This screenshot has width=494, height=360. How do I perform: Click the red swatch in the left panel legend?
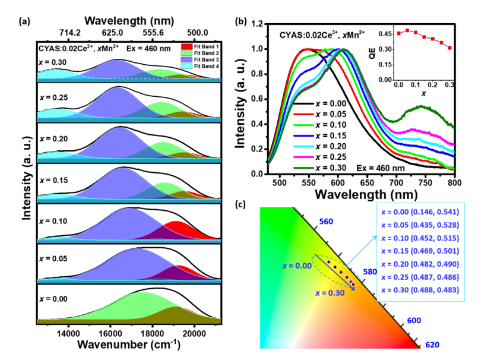186,46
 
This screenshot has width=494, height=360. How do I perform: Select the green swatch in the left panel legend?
186,53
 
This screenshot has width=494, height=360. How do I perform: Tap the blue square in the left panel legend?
186,59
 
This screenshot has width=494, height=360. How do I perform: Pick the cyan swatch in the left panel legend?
186,66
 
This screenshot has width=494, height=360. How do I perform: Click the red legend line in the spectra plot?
303,113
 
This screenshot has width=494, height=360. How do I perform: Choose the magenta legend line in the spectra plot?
303,157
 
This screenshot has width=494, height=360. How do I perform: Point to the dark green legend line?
303,168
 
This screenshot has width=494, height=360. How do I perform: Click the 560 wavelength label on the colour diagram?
326,222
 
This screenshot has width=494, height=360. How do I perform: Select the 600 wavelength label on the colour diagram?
414,321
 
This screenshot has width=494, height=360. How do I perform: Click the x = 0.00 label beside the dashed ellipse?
297,266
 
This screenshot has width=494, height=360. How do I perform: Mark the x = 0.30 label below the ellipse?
330,293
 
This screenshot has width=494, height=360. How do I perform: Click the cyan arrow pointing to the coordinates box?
362,250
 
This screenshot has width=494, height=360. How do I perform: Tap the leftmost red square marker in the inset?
399,34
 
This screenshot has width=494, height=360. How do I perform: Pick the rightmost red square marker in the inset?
449,48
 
